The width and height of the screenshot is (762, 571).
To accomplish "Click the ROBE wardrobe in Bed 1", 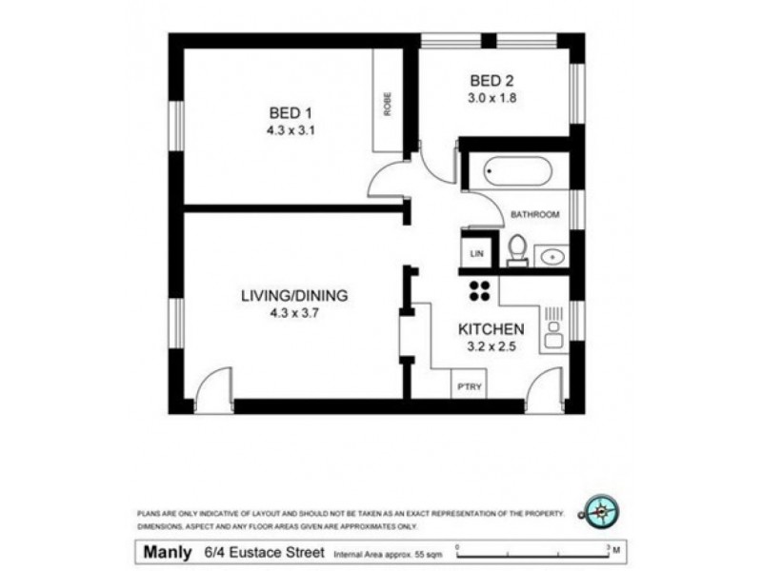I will [388, 104].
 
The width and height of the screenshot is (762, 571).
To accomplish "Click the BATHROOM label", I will [534, 214].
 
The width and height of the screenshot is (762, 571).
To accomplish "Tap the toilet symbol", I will [517, 250].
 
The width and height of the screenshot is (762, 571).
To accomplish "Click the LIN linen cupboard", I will [477, 252].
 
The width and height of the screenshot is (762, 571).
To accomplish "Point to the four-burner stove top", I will [478, 289].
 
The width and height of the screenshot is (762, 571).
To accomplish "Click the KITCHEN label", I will [491, 329].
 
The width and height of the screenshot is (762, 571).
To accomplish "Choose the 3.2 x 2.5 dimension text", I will [491, 346].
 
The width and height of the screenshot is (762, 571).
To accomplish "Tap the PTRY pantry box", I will [469, 384].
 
